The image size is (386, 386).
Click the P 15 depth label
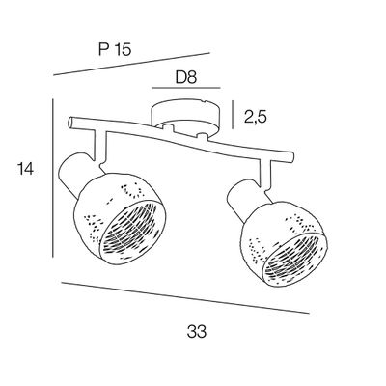pyautogui.click(x=115, y=50)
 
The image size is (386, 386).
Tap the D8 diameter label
pyautogui.click(x=186, y=77)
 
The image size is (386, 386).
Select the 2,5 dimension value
pyautogui.click(x=256, y=118)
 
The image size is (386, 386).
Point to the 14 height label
pyautogui.click(x=25, y=169)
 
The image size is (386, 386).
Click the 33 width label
pyautogui.click(x=197, y=331)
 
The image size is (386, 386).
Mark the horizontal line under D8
pyautogui.click(x=186, y=88)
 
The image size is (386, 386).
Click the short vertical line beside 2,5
pyautogui.click(x=233, y=115)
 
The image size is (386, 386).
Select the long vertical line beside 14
pyautogui.click(x=53, y=178)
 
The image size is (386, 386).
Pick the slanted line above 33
pyautogui.click(x=185, y=297)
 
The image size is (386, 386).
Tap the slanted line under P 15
pyautogui.click(x=131, y=64)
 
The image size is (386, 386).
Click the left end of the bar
pyautogui.click(x=71, y=123)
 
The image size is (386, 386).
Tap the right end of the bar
pyautogui.click(x=290, y=157)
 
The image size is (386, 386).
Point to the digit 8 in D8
pyautogui.click(x=192, y=77)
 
